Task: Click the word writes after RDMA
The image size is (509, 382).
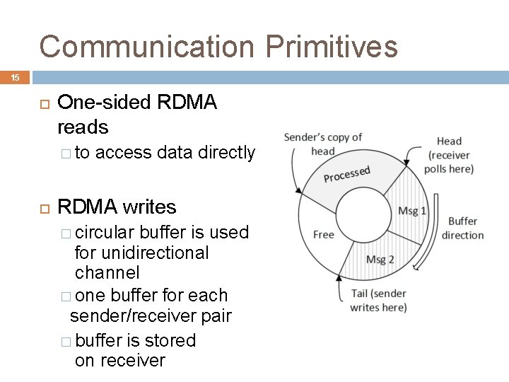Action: [150, 207]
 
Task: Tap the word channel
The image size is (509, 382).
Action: [107, 272]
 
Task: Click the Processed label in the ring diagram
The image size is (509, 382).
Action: [346, 173]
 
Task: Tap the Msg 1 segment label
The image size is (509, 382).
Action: [412, 211]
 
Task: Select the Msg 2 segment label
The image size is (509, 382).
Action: [380, 260]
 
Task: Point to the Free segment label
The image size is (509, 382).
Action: [323, 234]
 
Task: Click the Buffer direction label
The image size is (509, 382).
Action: [463, 228]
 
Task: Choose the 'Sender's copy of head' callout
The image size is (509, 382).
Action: [323, 144]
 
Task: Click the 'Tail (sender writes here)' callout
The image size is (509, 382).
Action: [378, 301]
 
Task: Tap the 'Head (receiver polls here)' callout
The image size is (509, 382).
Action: [449, 155]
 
